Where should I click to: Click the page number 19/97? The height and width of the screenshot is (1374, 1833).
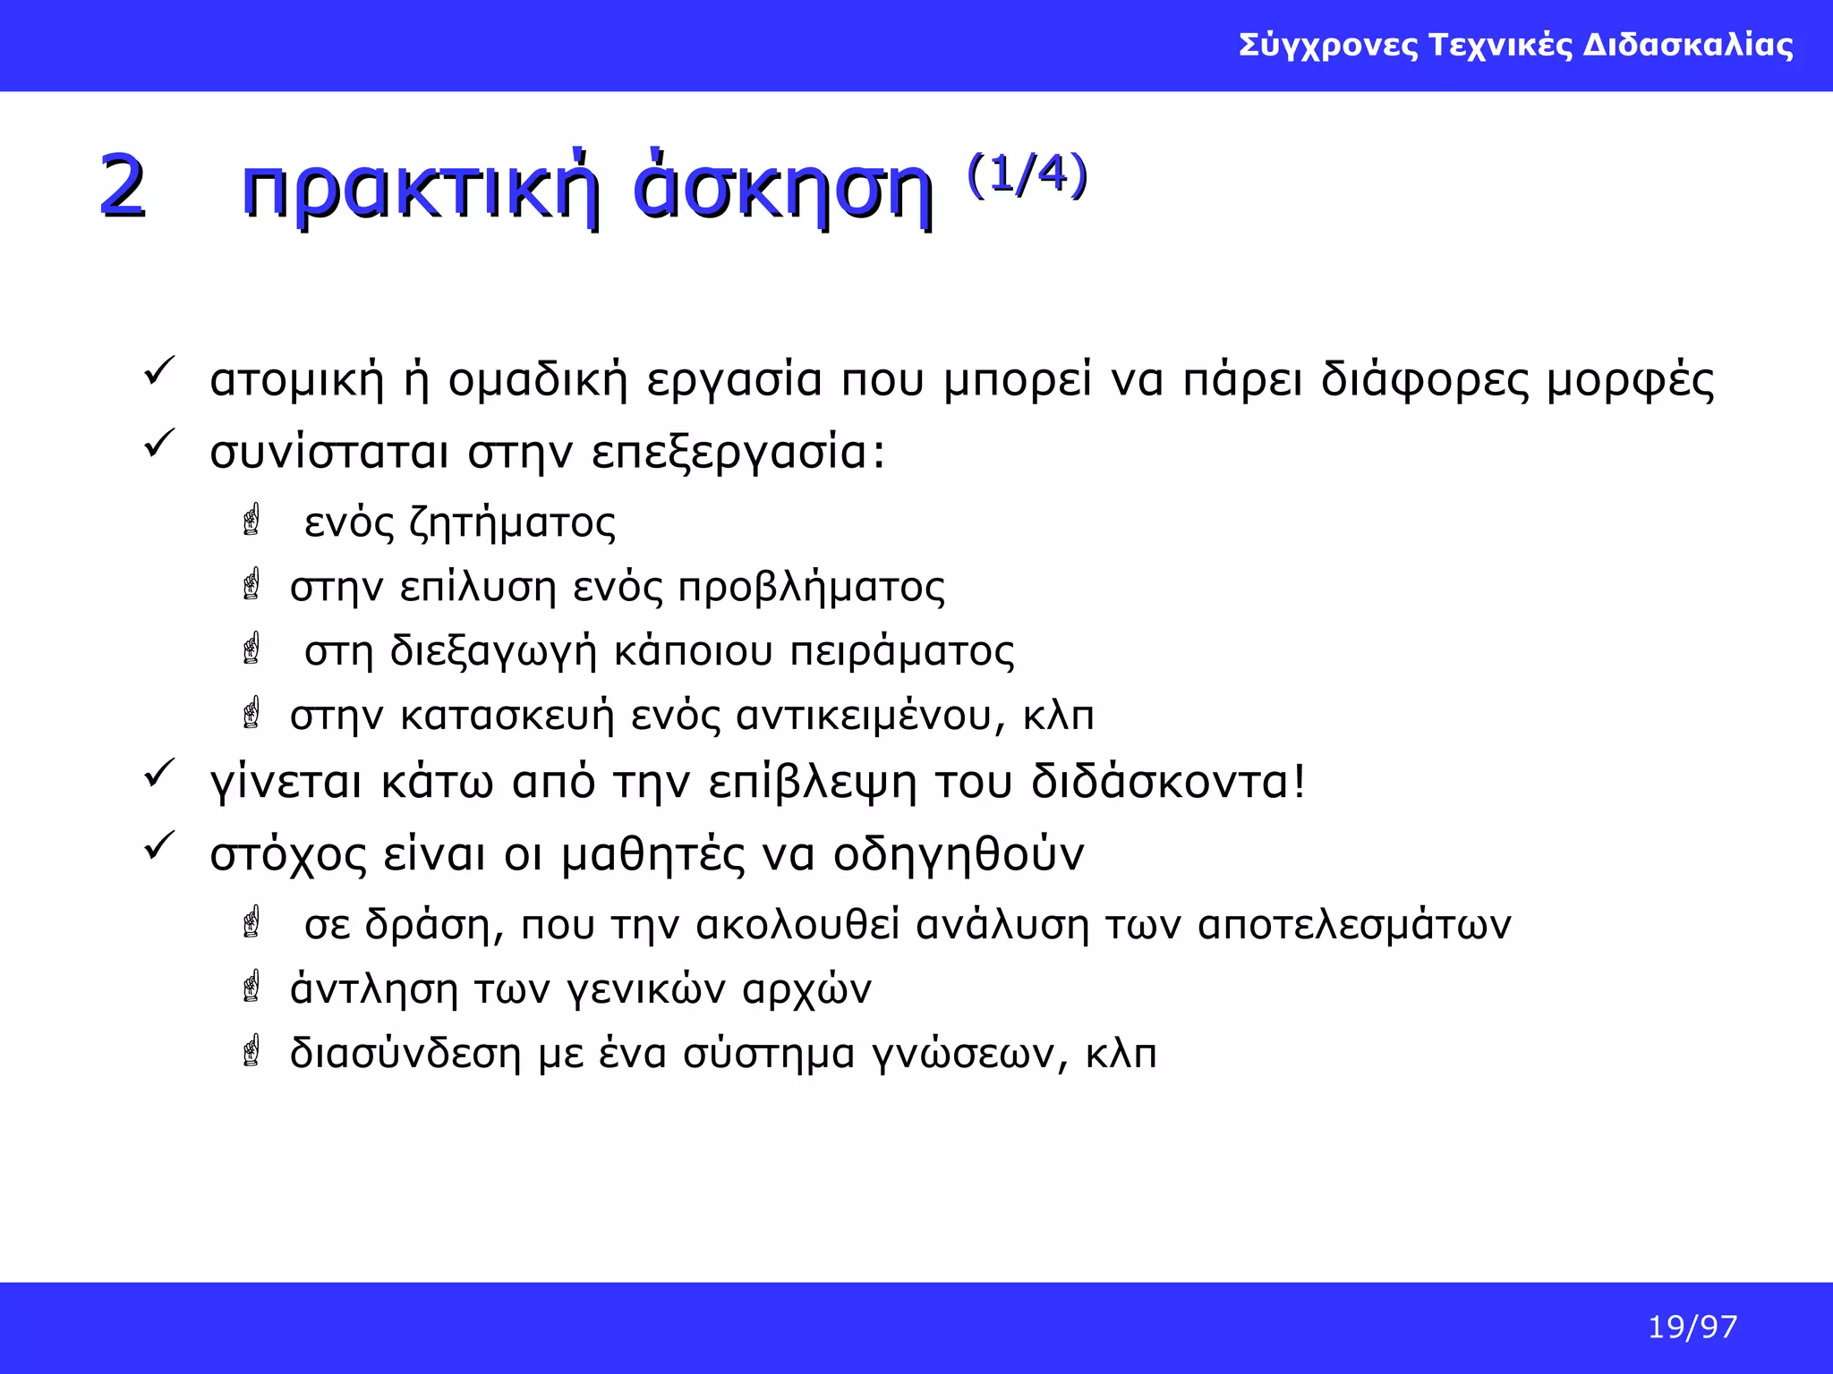[x=1692, y=1327]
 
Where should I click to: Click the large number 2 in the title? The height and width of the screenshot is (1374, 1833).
[x=123, y=186]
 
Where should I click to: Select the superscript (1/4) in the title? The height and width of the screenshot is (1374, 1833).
[x=1027, y=174]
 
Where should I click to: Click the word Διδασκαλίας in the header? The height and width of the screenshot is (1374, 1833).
[x=1688, y=45]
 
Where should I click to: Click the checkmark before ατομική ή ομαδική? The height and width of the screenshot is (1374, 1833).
[x=159, y=372]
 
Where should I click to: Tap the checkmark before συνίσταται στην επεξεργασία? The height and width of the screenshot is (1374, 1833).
[x=159, y=444]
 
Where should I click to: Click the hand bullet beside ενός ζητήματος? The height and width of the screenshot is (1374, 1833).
[x=252, y=520]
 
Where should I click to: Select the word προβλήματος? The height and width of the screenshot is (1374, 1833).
[x=811, y=588]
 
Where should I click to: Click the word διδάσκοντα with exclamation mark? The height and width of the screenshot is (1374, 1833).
[x=1168, y=782]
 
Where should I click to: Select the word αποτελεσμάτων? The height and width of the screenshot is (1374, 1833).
[x=1353, y=925]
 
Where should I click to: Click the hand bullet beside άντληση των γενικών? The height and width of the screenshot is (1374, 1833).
[x=252, y=987]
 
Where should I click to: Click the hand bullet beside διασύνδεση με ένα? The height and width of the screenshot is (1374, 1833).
[x=252, y=1051]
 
